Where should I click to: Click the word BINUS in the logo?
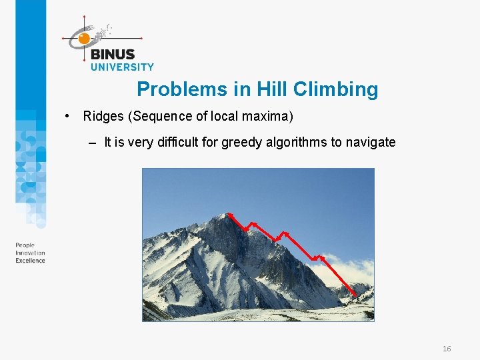(x=112, y=55)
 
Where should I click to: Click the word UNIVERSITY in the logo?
(x=122, y=67)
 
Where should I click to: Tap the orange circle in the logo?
(x=84, y=39)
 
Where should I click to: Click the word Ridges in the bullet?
(x=103, y=117)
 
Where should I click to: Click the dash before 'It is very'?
(x=91, y=143)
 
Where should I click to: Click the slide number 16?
(x=447, y=349)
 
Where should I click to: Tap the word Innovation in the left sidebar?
(x=30, y=253)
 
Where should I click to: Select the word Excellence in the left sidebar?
(x=31, y=261)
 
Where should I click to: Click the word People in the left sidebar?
(x=25, y=246)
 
